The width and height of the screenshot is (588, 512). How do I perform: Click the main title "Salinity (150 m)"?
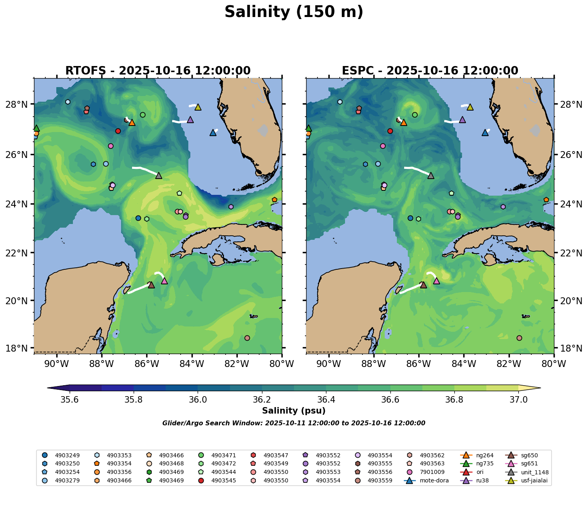coord(294,12)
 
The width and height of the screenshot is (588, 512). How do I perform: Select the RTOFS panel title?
coord(158,71)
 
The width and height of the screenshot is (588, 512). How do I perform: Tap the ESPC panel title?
coord(430,71)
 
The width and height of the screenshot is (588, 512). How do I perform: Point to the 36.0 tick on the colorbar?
coord(198,399)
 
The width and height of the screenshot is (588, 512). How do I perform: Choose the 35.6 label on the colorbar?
coord(70,399)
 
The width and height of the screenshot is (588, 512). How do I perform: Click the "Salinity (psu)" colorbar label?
coord(294,411)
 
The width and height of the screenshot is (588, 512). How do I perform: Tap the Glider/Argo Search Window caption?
coord(294,423)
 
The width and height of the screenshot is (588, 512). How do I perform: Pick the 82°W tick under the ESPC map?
coord(509,364)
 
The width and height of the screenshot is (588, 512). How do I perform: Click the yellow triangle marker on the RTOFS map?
coord(198,107)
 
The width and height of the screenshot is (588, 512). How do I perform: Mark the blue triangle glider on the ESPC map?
coord(485,133)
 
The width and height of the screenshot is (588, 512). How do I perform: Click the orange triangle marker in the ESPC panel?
coord(403,123)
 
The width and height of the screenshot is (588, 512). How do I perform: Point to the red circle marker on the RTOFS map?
coord(118,131)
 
